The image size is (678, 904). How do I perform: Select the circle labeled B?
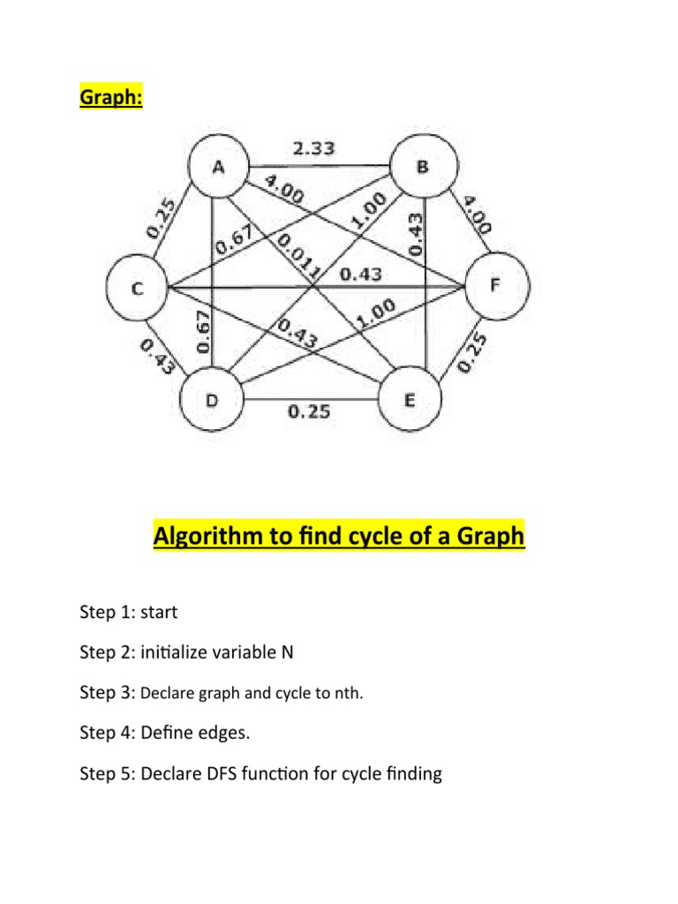(426, 168)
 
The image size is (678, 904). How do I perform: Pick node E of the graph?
(410, 402)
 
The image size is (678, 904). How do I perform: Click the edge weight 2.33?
(313, 149)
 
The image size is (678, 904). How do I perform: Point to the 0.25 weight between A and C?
(161, 217)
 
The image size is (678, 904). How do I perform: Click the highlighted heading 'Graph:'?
(112, 96)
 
